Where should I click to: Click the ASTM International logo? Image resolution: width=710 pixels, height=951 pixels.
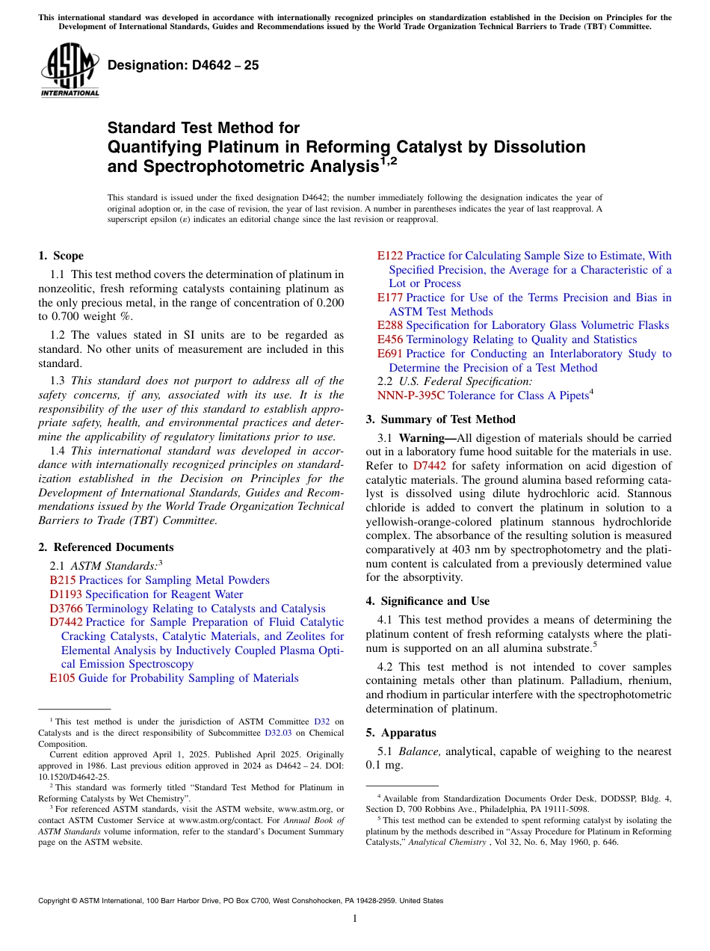[70, 71]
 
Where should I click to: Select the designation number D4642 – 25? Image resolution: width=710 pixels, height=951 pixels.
[183, 65]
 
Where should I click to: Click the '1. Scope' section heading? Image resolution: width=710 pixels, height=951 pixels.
[61, 256]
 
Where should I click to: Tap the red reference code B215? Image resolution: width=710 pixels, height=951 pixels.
[63, 580]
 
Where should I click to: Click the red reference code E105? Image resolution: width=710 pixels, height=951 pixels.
[63, 678]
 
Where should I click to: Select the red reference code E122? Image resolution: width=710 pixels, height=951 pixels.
[390, 256]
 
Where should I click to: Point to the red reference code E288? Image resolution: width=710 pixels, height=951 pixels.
[390, 325]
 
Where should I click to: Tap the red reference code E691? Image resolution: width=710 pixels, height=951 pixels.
[390, 354]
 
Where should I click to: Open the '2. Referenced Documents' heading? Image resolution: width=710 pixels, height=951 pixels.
[106, 547]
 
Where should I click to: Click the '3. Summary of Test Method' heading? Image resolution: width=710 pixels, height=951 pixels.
[440, 419]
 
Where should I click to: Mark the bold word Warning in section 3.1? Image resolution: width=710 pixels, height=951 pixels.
[422, 438]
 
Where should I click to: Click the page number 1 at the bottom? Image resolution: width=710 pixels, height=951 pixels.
[355, 919]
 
